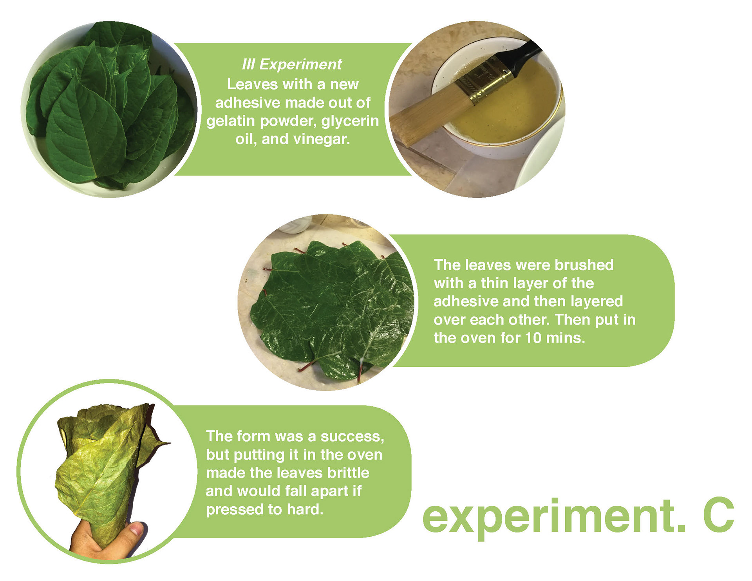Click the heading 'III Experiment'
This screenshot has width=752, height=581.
click(292, 64)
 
